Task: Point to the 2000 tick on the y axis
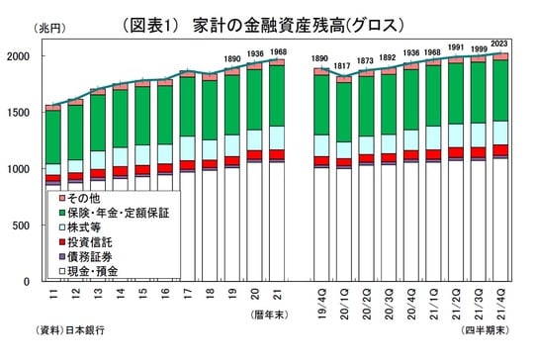22,56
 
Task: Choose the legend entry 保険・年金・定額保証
116,213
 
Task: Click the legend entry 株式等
83,227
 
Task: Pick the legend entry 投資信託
87,241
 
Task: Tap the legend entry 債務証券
87,256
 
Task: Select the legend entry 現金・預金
91,270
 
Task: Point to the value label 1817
344,66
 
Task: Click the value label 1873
367,60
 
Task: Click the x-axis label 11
51,294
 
